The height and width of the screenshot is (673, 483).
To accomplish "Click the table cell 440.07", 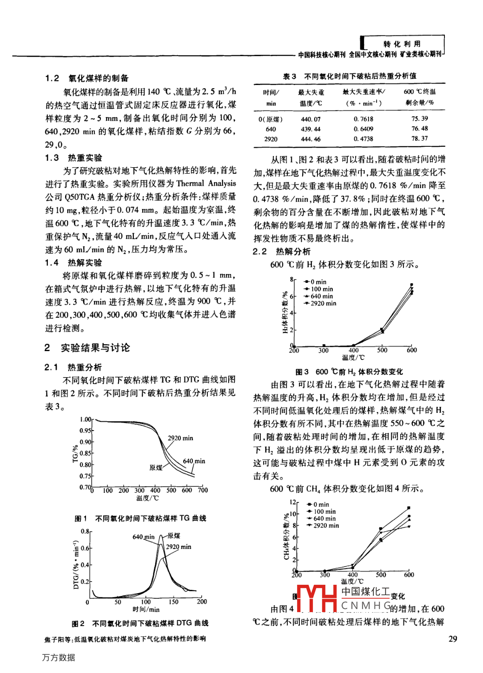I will click(x=311, y=119).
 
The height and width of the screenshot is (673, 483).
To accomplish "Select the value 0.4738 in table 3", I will click(x=363, y=139).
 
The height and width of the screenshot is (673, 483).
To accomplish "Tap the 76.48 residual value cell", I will click(x=419, y=129).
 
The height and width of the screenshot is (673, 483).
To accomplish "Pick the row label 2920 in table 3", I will click(x=271, y=139).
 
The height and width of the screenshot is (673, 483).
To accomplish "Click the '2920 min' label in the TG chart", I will click(x=180, y=438).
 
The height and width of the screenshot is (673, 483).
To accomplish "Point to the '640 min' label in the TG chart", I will click(x=194, y=461).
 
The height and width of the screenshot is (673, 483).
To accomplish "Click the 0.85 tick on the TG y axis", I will click(x=85, y=453).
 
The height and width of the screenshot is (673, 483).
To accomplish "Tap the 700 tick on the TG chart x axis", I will click(x=203, y=490).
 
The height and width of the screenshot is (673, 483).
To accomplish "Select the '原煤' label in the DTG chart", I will click(x=174, y=536).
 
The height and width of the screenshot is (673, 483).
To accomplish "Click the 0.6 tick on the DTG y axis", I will click(x=85, y=548).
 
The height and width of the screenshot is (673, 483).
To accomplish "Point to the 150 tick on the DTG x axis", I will click(x=173, y=602).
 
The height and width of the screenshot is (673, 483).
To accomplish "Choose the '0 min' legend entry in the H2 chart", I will click(x=318, y=282).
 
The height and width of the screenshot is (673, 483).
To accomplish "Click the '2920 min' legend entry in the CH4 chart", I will click(x=326, y=526).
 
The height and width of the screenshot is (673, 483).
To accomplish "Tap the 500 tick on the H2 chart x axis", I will click(x=382, y=350).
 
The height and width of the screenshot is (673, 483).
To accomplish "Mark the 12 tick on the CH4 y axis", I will click(x=292, y=502).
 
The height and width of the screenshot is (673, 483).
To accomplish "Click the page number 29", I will click(x=453, y=639).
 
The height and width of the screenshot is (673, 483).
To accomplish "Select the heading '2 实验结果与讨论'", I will click(x=87, y=348).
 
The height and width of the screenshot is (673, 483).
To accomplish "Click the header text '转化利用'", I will click(x=402, y=44).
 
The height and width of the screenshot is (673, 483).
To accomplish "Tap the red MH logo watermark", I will click(x=317, y=599).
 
